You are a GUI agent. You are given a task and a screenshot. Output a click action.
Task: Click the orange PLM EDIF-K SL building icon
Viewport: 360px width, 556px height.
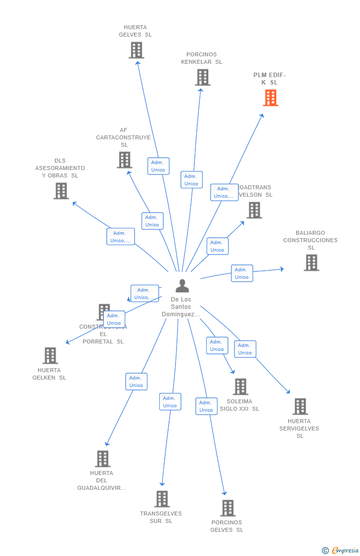pos(270,98)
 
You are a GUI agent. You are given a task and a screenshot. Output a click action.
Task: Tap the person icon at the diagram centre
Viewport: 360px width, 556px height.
pos(182,286)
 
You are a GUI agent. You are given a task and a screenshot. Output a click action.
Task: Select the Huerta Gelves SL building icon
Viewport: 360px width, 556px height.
pos(136,50)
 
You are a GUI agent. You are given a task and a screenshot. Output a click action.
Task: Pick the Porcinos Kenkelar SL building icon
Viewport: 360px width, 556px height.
pos(202,77)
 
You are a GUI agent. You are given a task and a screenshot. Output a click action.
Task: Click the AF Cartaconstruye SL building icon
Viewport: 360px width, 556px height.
pos(125,160)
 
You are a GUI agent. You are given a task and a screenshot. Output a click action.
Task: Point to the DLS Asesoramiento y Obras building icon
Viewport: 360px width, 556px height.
pos(61,191)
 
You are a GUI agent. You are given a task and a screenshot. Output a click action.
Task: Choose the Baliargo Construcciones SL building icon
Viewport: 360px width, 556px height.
pos(311,262)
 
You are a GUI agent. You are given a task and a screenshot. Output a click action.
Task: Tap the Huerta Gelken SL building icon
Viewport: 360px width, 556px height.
pos(50,355)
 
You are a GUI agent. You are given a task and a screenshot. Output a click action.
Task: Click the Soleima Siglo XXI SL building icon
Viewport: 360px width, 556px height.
pos(240,386)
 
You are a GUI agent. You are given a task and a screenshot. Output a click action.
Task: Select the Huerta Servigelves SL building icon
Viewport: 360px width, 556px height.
pos(300,406)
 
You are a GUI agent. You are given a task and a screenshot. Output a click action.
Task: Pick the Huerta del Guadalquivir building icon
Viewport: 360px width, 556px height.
pos(102,459)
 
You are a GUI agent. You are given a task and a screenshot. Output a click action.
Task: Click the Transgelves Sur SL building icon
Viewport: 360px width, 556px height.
pos(162,499)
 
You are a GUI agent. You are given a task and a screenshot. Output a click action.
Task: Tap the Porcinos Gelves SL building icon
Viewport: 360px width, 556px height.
pos(227,508)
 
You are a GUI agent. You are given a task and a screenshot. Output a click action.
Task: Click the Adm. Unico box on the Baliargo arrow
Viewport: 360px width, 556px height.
pos(242,273)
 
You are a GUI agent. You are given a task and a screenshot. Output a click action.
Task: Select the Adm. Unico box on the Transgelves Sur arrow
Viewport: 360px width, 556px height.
pos(170,402)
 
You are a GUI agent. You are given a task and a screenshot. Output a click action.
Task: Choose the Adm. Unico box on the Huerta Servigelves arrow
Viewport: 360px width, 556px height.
pos(245,349)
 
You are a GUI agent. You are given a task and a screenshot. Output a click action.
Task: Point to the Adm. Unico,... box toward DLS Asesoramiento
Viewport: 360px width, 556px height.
pos(121,237)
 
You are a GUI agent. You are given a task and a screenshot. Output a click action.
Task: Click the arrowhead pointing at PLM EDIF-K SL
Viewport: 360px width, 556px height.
pos(262,116)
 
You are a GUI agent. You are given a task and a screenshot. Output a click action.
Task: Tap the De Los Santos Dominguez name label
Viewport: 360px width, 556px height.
pos(181,307)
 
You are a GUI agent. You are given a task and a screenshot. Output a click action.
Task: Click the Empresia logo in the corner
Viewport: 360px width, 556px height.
pos(341,550)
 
